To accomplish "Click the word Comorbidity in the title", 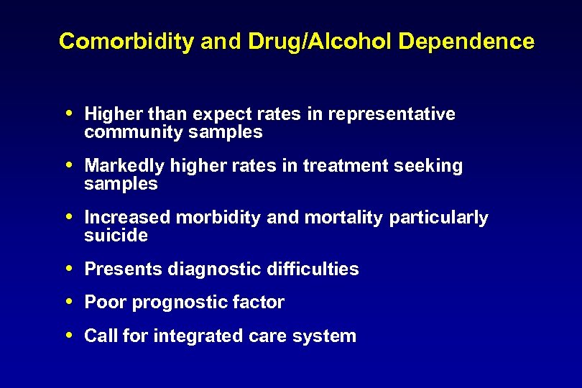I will [x=126, y=42].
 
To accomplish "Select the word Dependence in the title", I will [x=466, y=42].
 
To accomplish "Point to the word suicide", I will [x=116, y=236].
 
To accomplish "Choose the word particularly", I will [x=438, y=218].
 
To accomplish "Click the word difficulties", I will [x=313, y=269].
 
